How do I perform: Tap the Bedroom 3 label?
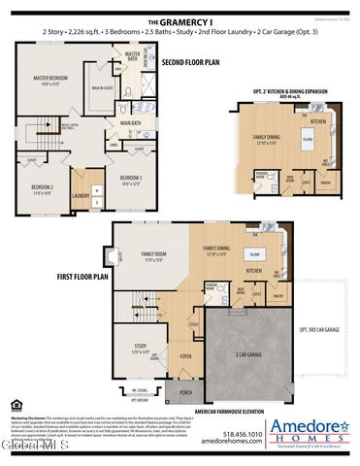pyautogui.click(x=131, y=180)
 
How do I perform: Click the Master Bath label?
pyautogui.click(x=133, y=55)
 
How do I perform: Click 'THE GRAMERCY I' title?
pyautogui.click(x=180, y=20)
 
